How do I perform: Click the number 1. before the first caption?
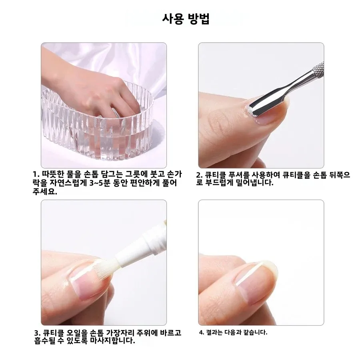pos(36,175)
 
